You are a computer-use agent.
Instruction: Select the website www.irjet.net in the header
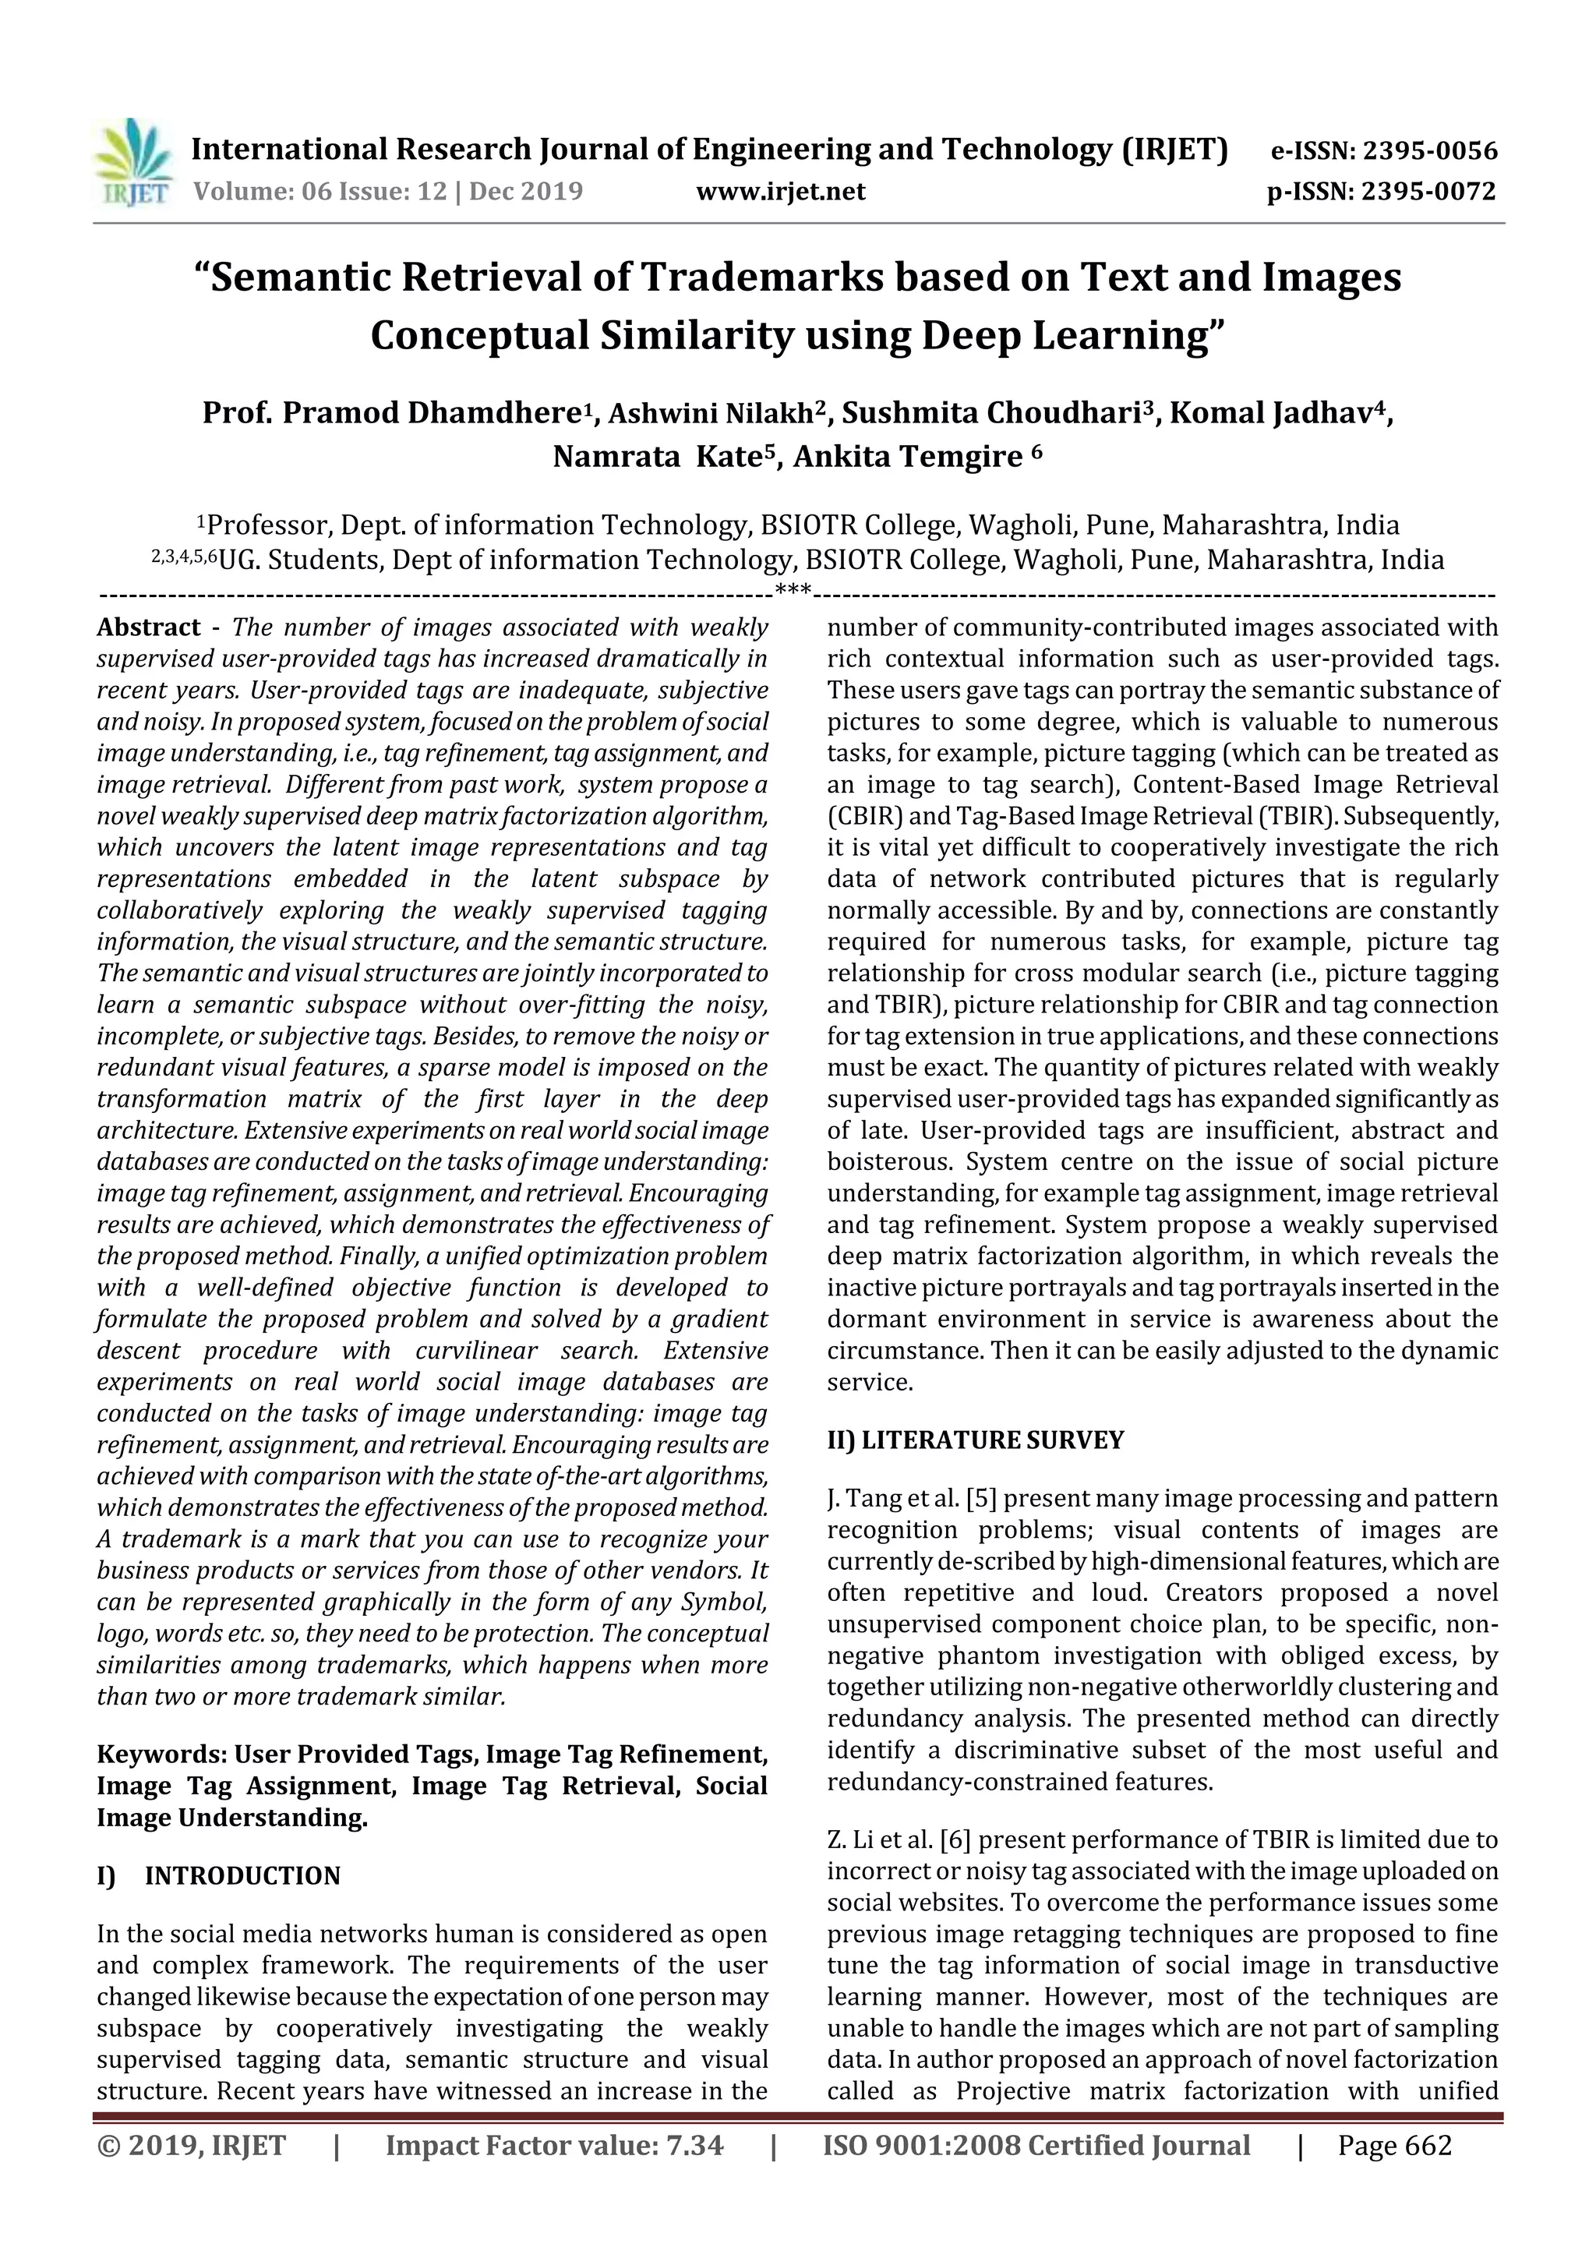point(781,191)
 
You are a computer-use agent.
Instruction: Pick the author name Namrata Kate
point(664,458)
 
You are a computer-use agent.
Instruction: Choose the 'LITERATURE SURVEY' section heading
point(992,1440)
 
